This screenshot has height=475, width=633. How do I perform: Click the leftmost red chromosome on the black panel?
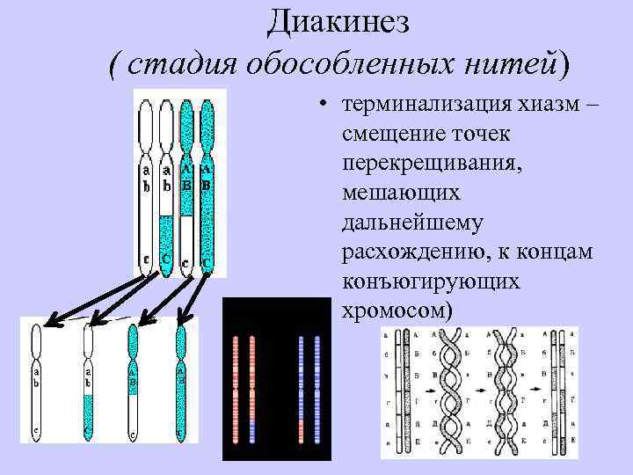236,387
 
